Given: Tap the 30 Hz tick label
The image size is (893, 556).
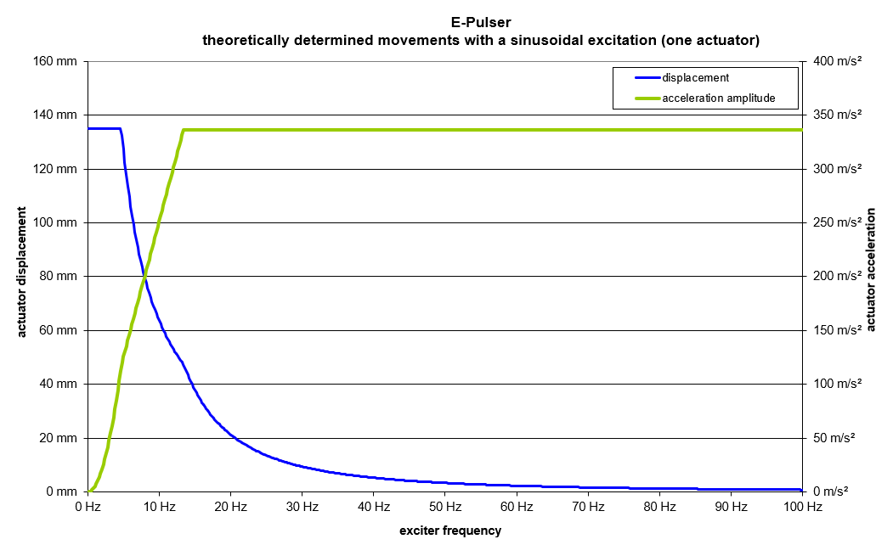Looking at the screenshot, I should point(302,508).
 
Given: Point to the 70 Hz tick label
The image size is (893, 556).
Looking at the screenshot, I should point(588,508).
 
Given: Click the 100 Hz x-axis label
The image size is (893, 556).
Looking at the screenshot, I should point(801,508).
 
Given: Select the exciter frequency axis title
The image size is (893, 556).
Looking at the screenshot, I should point(450,531).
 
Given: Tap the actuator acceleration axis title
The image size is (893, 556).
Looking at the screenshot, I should point(870,269).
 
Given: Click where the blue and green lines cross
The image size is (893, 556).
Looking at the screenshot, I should point(144,277).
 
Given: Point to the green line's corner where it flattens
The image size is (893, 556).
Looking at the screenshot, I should point(184,130).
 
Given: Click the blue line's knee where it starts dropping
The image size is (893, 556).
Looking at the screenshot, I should point(121,129).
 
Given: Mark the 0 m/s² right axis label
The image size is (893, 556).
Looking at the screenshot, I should point(829,491).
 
